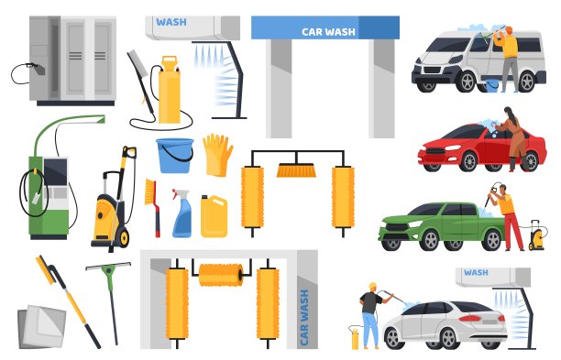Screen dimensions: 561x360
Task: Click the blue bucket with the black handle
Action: click(174, 156)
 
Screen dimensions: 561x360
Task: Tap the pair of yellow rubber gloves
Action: click(217, 155)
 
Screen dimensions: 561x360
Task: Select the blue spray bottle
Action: click(181, 213)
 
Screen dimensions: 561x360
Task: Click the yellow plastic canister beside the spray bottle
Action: click(214, 216)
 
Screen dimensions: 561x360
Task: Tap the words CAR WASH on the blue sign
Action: click(328, 32)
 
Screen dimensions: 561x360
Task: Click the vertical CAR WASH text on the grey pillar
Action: click(303, 318)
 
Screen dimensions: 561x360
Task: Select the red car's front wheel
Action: click(468, 161)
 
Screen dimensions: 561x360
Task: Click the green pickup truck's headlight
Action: click(415, 224)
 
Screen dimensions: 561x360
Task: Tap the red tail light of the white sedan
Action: click(469, 318)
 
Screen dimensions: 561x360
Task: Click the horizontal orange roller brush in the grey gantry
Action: click(221, 275)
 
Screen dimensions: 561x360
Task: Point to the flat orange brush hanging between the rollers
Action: click(296, 170)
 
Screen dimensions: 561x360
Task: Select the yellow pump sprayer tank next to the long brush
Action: click(169, 90)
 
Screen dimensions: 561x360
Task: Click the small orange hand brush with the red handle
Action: click(153, 207)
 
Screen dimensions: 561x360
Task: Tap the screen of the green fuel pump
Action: click(55, 171)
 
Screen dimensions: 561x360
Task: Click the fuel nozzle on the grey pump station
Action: click(38, 69)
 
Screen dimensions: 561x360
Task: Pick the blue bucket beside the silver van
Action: click(492, 86)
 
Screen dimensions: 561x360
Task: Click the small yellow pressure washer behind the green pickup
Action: click(536, 236)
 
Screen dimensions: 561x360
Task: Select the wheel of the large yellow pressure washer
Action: click(124, 238)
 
